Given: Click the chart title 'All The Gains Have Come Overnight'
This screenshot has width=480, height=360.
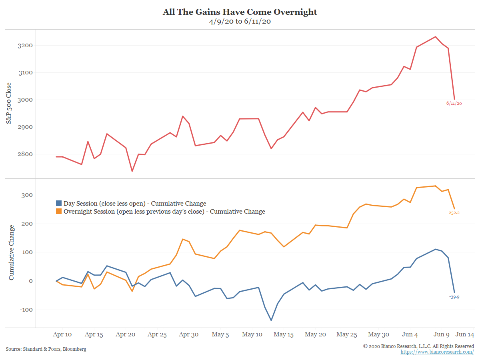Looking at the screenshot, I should point(240,12).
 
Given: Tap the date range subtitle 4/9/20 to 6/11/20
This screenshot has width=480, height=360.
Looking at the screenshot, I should point(240,22).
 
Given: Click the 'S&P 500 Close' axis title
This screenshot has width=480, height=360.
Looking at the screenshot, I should point(9,103).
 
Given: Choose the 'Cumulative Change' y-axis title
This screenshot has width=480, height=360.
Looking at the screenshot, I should point(11,252).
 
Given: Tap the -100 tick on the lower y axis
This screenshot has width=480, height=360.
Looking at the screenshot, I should point(25,310).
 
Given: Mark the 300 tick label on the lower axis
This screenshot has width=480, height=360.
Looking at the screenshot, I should point(27,195).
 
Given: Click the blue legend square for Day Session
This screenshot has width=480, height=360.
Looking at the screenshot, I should point(59,203).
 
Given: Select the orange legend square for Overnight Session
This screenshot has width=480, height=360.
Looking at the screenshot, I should point(59,211).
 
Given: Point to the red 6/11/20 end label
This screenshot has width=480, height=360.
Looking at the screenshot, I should point(454,103).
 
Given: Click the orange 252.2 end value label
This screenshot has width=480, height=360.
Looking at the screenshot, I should point(454,213).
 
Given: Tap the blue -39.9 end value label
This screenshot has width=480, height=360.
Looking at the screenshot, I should point(454,297).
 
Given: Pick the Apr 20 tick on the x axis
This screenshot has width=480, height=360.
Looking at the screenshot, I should point(126,334).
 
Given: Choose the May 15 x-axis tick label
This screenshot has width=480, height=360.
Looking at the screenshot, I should point(284,334).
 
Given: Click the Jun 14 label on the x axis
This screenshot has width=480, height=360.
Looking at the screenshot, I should point(465,334).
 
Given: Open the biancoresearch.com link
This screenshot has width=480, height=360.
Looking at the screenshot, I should point(437,352).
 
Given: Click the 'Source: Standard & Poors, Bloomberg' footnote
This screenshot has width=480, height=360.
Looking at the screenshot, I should point(46,349).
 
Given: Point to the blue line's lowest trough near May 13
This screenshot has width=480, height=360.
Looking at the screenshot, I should point(271,320).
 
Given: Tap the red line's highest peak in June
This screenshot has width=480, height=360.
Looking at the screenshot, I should point(436,37).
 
